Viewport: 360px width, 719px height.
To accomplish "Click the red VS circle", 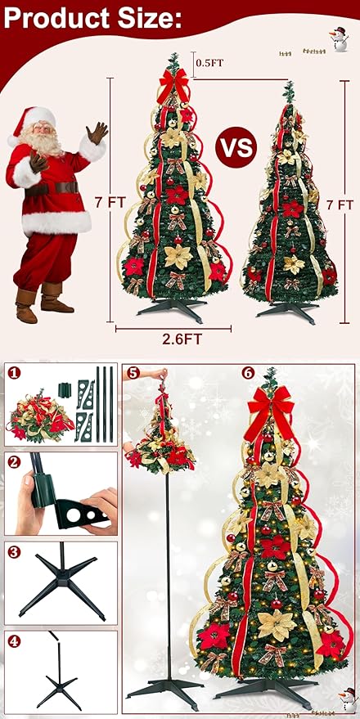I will [x=233, y=149].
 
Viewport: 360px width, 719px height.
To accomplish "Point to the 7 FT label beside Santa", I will [x=106, y=201].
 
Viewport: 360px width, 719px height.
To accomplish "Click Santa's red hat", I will [x=37, y=117].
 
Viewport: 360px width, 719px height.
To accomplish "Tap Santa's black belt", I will [x=57, y=187].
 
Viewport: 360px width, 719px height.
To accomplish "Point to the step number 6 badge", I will [x=248, y=372].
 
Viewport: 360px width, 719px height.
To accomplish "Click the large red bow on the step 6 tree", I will [x=271, y=404].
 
